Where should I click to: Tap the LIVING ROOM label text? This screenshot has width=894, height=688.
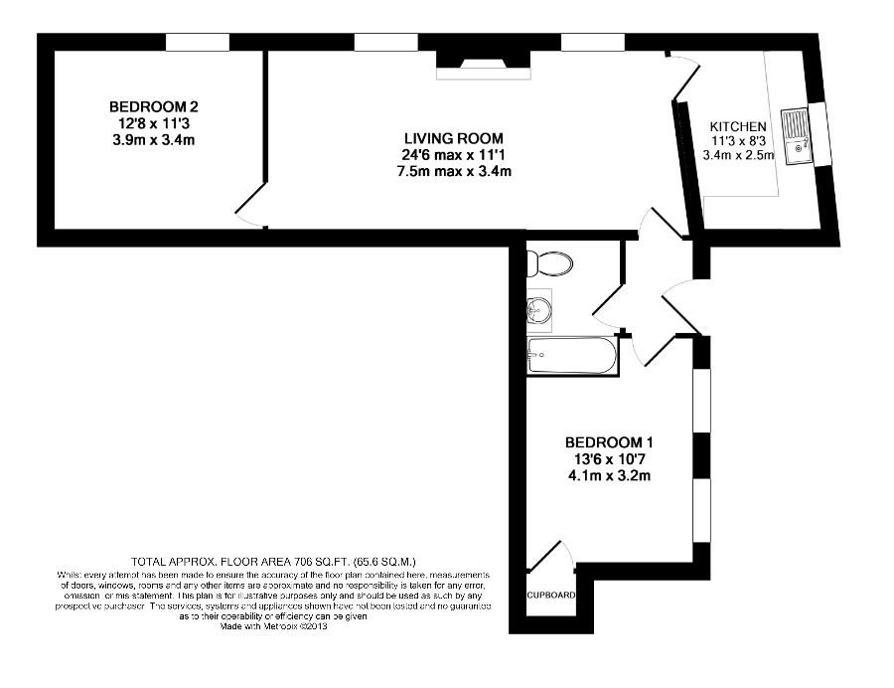click(453, 138)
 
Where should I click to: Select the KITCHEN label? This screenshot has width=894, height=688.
click(738, 126)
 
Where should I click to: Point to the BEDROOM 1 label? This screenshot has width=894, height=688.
click(610, 442)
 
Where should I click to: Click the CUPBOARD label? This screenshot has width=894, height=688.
click(550, 596)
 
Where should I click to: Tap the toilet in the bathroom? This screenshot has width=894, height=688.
click(549, 263)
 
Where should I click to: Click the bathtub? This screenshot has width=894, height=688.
click(572, 355)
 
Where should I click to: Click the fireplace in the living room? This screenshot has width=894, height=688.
click(485, 62)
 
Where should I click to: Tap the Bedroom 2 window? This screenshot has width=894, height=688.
click(198, 42)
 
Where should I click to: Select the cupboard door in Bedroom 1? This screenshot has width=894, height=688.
click(552, 557)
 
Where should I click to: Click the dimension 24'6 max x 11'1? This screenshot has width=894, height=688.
click(453, 155)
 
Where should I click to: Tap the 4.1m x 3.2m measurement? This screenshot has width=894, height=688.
click(610, 475)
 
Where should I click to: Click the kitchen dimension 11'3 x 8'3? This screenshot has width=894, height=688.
click(738, 140)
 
